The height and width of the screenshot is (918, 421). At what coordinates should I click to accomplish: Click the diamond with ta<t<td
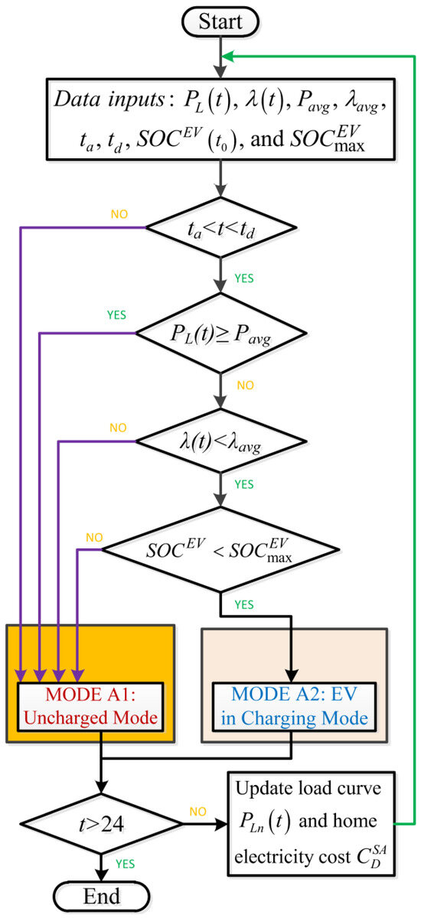click(x=220, y=227)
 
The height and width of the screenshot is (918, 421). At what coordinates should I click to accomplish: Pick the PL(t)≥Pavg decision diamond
click(x=220, y=334)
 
